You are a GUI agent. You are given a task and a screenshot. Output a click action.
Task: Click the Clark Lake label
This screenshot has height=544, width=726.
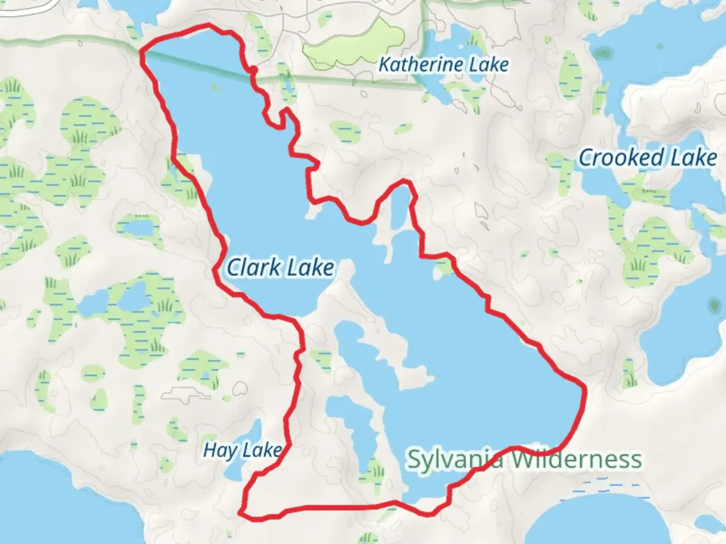280,267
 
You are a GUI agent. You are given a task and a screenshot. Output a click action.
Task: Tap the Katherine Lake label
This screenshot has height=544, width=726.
443,64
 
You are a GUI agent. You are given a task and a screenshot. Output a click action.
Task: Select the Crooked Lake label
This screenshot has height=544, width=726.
647,158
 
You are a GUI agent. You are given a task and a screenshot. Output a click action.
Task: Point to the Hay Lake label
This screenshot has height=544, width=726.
242,450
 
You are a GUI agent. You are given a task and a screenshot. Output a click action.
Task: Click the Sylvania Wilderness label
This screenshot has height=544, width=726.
524,459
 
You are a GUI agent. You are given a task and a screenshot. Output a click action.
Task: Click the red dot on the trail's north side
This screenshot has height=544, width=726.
254,70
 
